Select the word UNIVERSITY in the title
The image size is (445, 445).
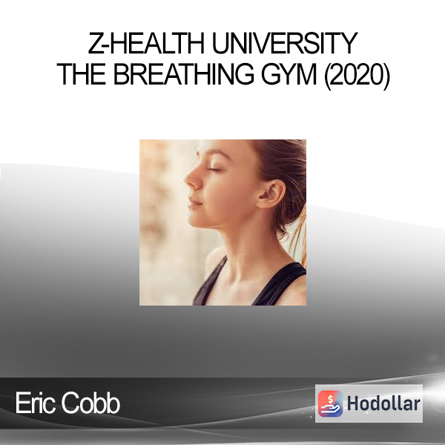point(285,43)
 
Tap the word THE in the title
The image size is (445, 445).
point(81,74)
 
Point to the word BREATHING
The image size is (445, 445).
point(184,74)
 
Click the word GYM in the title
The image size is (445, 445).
point(289,74)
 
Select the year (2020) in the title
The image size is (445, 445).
point(357,75)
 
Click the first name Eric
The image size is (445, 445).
point(35,403)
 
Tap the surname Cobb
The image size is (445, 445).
point(90,403)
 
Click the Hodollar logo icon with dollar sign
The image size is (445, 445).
point(330,403)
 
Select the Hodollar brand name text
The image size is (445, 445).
point(383,403)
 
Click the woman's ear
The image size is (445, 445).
point(272,194)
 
